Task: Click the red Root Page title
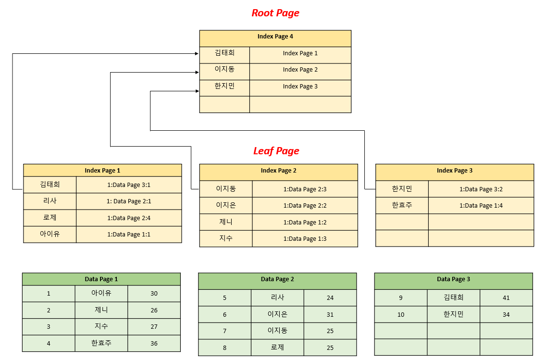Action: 275,13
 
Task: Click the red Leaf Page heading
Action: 276,151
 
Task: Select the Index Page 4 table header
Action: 275,37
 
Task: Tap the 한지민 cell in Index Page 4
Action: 224,87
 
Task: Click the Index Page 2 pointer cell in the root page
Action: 300,70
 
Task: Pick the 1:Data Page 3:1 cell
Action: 129,185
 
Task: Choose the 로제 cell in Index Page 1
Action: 50,218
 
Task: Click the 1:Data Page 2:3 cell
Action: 305,189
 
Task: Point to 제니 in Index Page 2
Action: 226,222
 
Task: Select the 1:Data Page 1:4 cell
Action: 481,205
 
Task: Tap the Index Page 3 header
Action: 454,171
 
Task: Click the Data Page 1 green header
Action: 101,279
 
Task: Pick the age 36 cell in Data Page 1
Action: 154,343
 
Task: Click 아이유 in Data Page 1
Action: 101,293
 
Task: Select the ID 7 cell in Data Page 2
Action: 224,331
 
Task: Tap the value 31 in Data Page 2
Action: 330,314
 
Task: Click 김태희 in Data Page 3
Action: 453,298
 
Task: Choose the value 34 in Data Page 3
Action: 506,314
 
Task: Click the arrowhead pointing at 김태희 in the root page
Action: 197,54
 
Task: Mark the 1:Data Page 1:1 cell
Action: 129,234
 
